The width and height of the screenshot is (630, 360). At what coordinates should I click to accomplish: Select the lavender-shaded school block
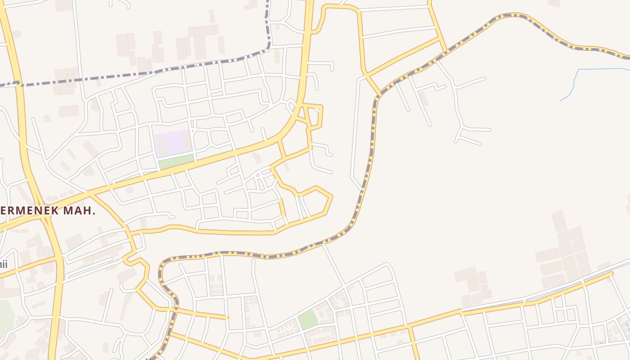point(173,143)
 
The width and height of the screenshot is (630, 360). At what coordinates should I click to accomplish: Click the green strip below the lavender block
point(176,162)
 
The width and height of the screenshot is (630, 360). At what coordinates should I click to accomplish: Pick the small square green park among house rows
point(308,319)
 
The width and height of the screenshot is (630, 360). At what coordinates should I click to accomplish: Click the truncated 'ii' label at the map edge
point(4,264)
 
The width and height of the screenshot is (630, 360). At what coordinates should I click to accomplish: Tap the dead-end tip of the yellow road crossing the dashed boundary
point(227,318)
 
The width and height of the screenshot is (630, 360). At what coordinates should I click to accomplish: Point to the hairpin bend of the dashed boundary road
point(162,265)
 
